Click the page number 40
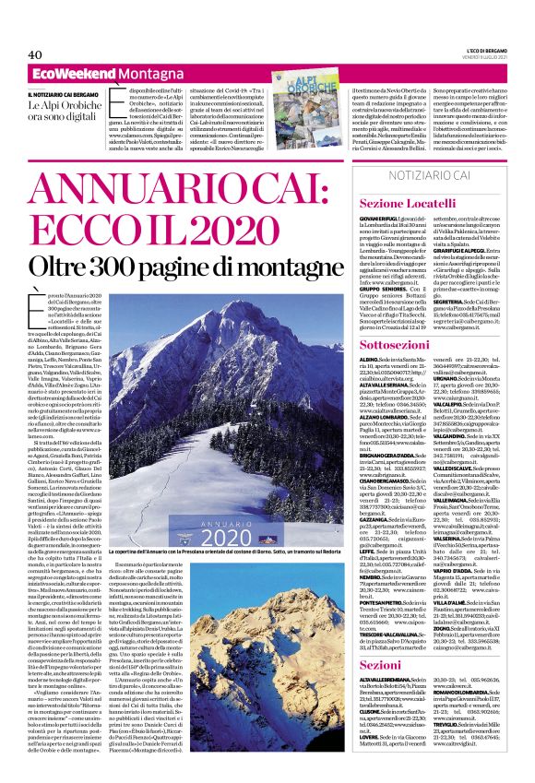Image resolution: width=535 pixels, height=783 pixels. (38, 54)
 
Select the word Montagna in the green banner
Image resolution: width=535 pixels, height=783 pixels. (123, 73)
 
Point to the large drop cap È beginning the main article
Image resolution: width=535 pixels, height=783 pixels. (38, 310)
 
